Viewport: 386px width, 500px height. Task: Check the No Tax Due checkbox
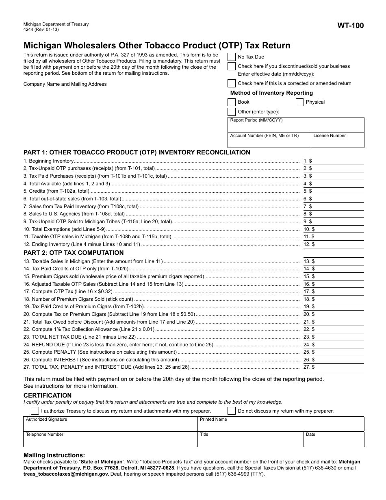[231, 57]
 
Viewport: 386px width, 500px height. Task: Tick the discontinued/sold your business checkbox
[231, 66]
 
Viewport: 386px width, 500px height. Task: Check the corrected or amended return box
[231, 83]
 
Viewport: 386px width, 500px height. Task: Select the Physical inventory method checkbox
[300, 102]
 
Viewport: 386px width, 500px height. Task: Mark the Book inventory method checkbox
[231, 102]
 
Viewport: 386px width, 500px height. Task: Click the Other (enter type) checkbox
[231, 112]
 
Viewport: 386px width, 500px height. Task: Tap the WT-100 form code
[350, 26]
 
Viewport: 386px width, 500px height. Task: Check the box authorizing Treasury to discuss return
[35, 411]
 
